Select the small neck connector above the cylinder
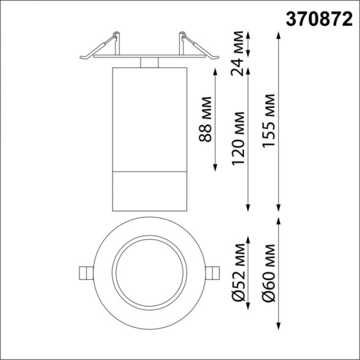[x=149, y=62]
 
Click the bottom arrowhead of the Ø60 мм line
[x=279, y=328]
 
